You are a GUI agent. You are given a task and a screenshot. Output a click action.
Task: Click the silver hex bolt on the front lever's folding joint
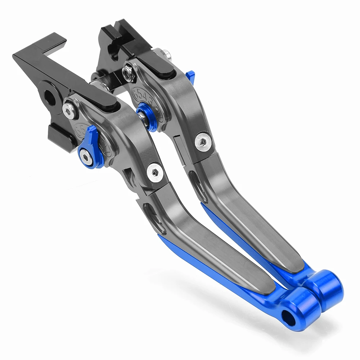coord(155,172)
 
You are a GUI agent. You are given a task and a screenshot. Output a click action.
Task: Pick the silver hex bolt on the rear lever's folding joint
coord(203,141)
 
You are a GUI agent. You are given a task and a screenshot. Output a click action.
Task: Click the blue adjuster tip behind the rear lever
coord(191,76)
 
